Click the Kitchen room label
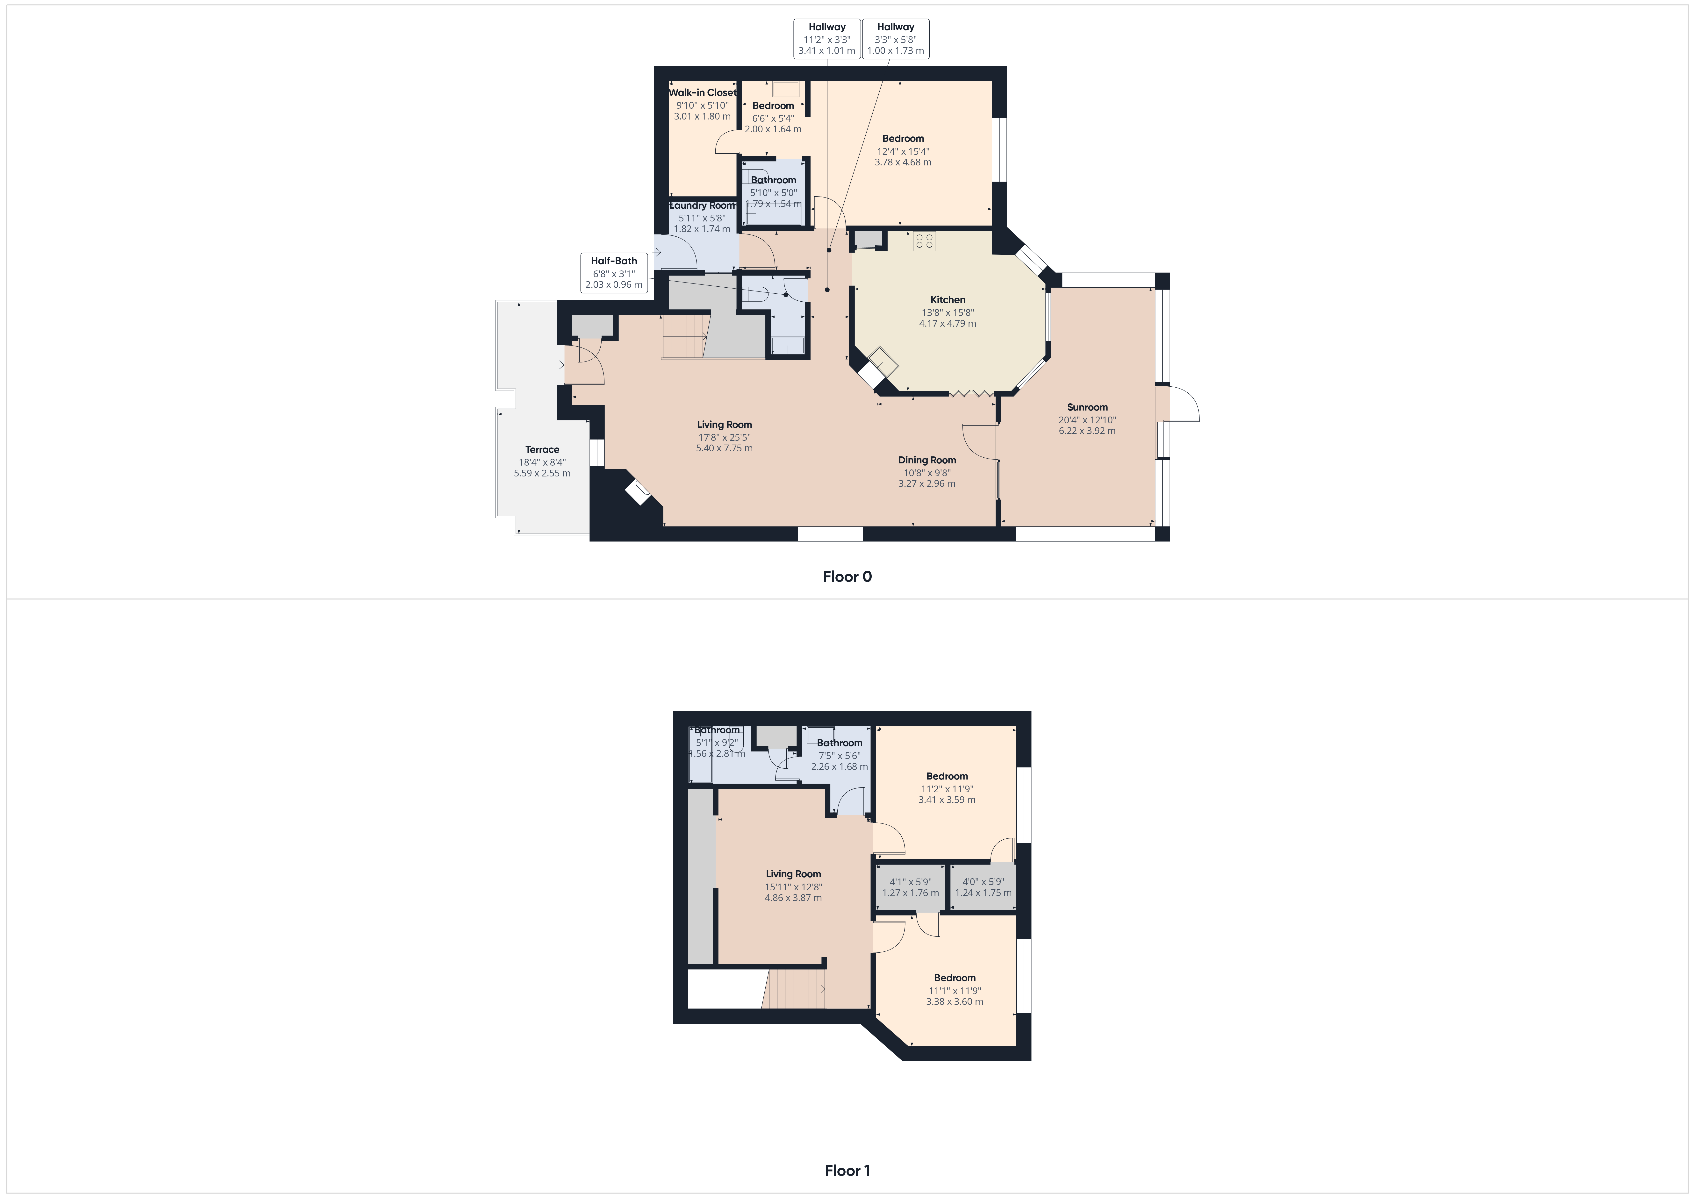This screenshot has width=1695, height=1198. [947, 300]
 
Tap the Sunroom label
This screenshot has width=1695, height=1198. [1087, 407]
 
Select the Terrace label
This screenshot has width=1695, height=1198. [542, 450]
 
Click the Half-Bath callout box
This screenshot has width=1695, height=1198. [613, 272]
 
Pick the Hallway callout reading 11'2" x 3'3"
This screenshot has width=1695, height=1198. [827, 38]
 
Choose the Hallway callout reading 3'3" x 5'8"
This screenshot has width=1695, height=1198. [896, 38]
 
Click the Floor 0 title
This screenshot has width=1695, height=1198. [847, 576]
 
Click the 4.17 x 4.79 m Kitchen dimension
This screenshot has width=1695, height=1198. [947, 323]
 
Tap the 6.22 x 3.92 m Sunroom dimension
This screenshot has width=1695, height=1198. [1087, 430]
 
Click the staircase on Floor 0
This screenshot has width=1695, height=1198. [685, 336]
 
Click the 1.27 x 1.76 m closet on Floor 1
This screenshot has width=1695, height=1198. [910, 887]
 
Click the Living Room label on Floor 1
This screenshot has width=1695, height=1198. [793, 874]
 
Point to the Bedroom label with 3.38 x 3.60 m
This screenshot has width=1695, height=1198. [955, 978]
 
